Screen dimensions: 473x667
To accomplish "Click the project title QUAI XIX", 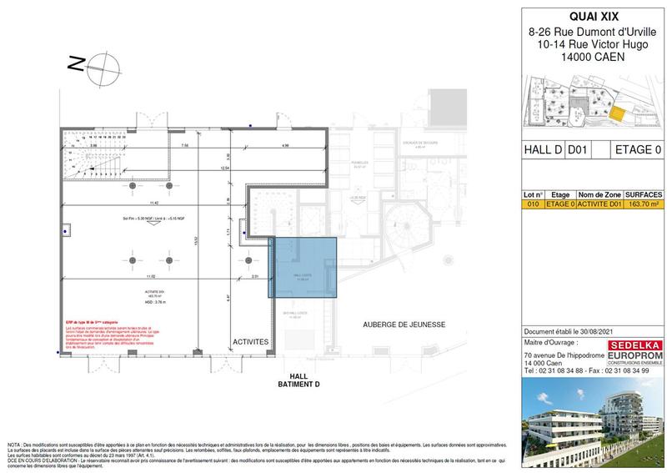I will point(592,16).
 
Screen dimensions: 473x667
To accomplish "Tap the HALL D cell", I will point(541,150).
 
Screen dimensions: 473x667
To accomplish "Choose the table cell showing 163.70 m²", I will point(644,201).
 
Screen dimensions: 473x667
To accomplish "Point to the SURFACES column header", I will point(644,192).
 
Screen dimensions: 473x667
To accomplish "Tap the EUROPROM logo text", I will point(637,355).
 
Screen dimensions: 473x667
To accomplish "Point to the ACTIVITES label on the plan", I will point(250,342).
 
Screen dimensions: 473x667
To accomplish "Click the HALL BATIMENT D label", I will point(298,380).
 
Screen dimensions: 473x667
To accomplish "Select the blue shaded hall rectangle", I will point(302,267).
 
